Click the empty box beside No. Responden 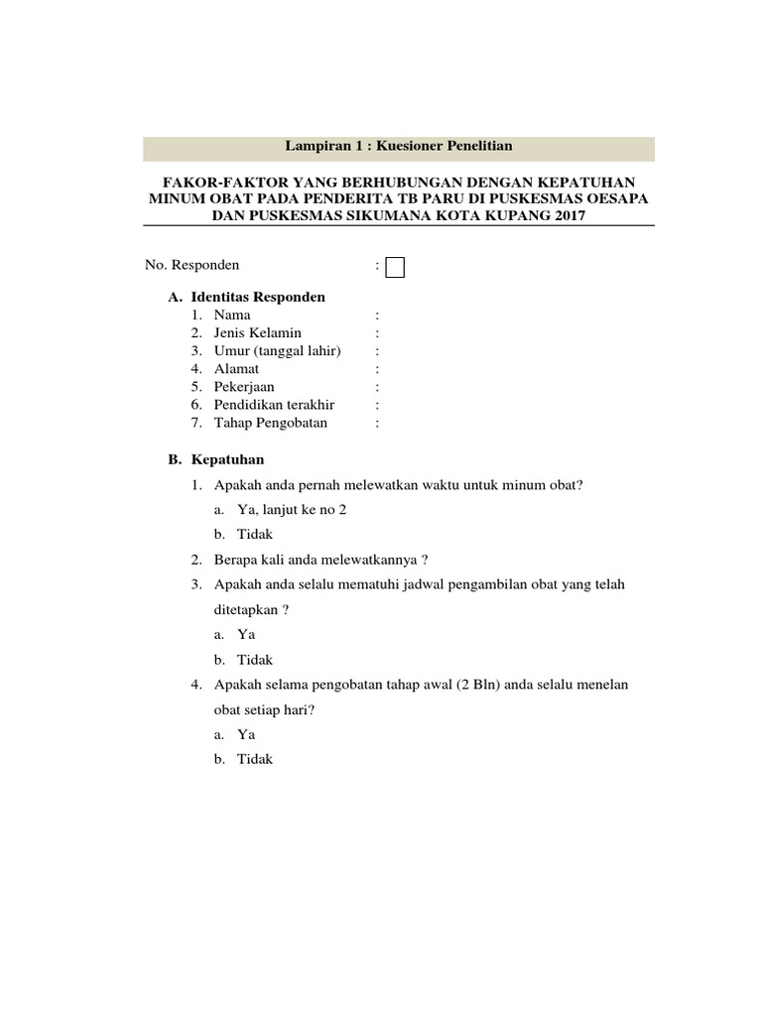395,268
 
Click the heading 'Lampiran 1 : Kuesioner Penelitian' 399,147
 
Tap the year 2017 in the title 556,215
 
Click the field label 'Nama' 232,315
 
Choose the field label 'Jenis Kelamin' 257,332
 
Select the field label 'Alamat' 236,368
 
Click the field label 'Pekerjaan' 244,386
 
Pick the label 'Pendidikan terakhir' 274,405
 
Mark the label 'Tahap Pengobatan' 270,423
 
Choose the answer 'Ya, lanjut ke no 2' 292,510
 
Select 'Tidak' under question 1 255,535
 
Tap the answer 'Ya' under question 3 246,635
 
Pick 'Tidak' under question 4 255,759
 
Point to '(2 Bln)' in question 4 481,685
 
